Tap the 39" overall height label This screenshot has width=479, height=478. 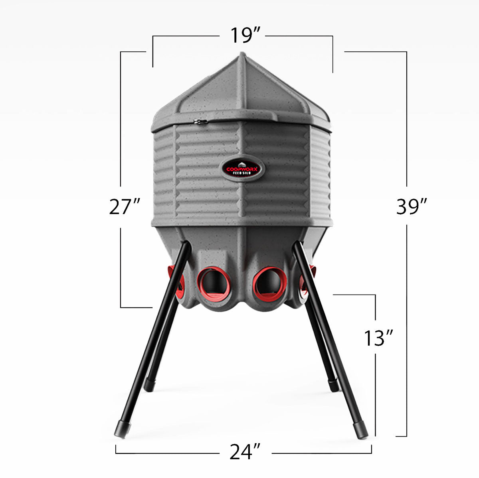click(412, 207)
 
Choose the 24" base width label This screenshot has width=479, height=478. click(245, 452)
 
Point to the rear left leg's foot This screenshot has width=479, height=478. click(149, 384)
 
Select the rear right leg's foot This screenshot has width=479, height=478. click(334, 384)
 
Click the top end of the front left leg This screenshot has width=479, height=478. click(186, 245)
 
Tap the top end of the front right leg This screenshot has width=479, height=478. click(297, 245)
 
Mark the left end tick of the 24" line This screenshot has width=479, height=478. click(116, 450)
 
